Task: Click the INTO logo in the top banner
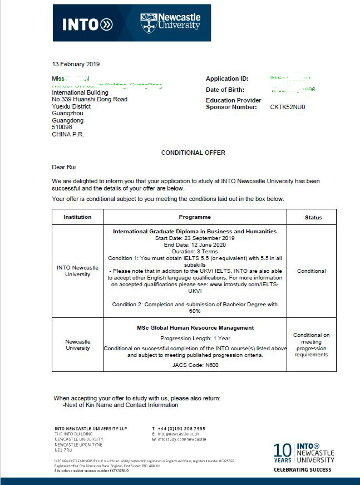point(87,24)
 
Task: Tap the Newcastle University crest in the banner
point(149,23)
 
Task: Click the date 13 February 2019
point(76,64)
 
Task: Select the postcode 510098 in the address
point(62,127)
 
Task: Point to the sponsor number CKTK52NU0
point(288,107)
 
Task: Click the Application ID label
point(227,79)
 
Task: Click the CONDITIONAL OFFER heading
point(193,153)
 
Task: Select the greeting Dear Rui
point(64,167)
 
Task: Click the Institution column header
point(77,217)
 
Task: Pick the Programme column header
point(195,217)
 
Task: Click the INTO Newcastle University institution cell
point(77,271)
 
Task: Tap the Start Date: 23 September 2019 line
point(195,238)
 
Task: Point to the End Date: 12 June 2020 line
point(195,245)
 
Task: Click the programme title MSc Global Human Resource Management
point(195,328)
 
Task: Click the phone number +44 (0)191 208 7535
point(181,429)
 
